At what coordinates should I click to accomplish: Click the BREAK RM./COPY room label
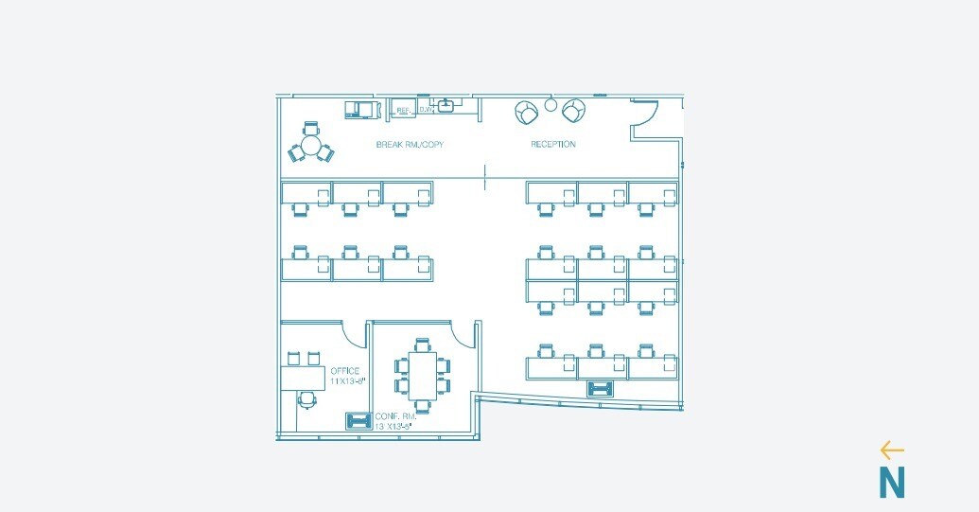(x=410, y=145)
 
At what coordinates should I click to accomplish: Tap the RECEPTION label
(x=552, y=145)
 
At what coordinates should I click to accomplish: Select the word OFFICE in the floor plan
(x=344, y=370)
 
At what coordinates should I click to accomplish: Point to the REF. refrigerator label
(x=403, y=111)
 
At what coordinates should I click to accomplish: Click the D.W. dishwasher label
(x=426, y=111)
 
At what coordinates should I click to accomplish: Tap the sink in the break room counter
(x=446, y=105)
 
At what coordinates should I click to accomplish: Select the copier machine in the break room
(x=359, y=108)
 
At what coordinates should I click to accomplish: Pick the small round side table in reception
(x=550, y=105)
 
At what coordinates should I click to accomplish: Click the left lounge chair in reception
(x=527, y=113)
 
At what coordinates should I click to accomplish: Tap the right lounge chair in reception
(x=572, y=112)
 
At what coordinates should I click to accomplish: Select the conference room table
(x=423, y=375)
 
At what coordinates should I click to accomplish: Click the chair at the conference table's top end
(x=423, y=344)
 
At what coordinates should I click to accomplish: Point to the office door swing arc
(x=354, y=333)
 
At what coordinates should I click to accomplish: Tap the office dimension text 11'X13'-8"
(x=348, y=381)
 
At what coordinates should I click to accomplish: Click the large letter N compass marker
(x=891, y=483)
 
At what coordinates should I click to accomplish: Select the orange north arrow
(x=891, y=450)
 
